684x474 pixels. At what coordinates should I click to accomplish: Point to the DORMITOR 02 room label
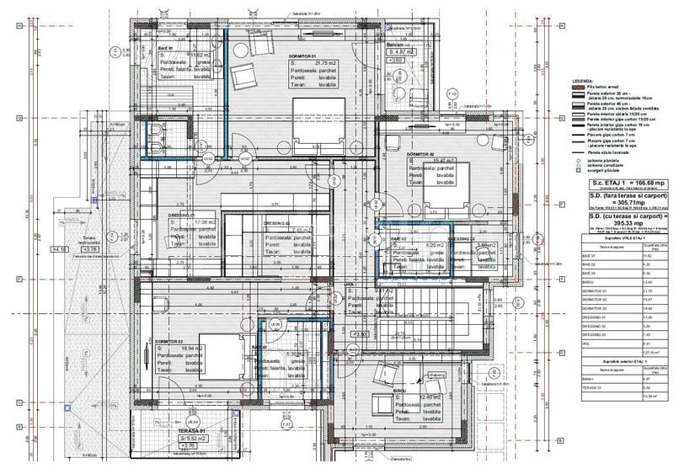(x=419, y=156)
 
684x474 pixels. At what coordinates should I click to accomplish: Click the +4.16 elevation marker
(x=59, y=250)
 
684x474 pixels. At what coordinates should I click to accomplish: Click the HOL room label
(x=352, y=285)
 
